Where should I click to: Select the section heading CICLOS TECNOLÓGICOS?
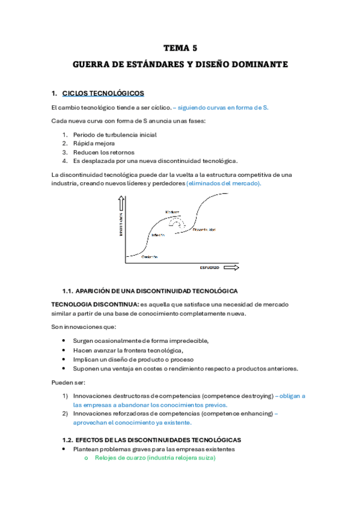103,93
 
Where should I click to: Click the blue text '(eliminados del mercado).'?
224,183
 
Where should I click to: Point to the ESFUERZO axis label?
210,266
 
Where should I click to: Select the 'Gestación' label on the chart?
150,256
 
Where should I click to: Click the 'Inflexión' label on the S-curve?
158,235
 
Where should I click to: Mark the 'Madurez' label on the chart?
174,212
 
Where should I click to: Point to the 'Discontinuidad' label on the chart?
204,230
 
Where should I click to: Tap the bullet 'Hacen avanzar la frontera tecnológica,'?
128,350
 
